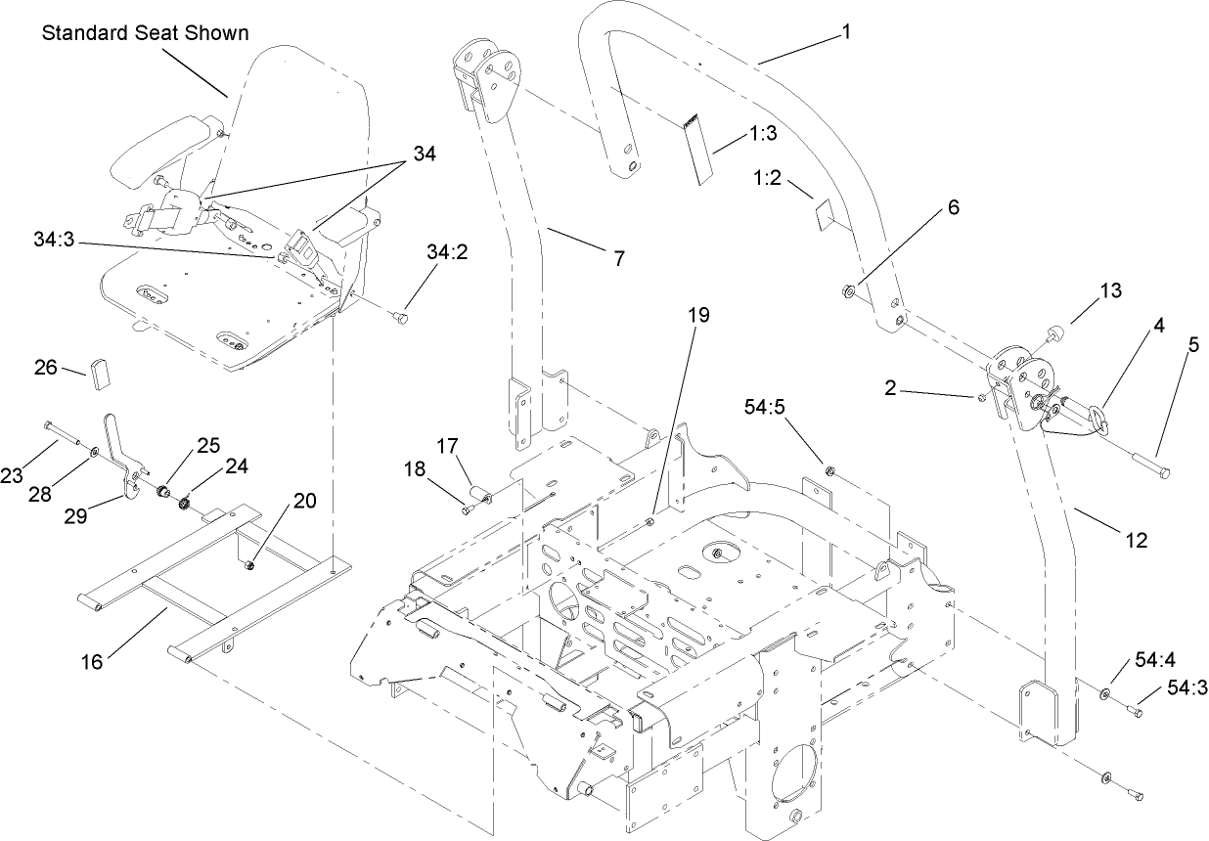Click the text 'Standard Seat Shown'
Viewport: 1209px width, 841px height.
(x=145, y=33)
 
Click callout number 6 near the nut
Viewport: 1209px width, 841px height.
(x=925, y=207)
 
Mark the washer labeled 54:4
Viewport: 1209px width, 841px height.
(x=1104, y=693)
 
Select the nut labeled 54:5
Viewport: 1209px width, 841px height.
(x=829, y=472)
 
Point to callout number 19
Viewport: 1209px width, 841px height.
(x=698, y=315)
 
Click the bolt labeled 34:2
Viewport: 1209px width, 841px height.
(x=399, y=317)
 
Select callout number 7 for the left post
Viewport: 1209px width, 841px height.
(x=617, y=258)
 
